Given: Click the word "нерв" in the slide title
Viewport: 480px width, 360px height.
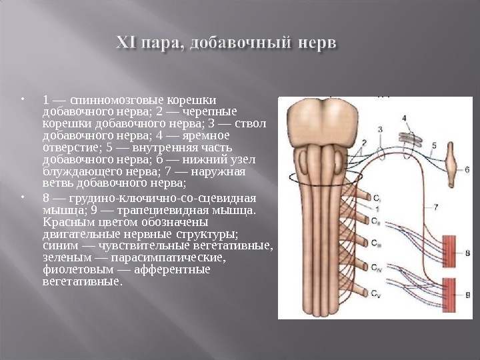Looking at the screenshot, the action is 315,45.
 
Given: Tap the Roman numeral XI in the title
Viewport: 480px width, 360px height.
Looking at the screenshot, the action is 129,45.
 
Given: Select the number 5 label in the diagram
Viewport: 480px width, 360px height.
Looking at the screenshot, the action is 434,145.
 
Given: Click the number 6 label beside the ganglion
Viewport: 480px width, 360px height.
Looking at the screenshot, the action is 467,169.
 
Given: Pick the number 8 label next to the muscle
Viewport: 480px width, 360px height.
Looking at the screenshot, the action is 467,253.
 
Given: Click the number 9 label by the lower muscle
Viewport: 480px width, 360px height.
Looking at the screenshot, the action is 467,293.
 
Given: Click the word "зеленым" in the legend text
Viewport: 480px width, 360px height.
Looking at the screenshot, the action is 63,257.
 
